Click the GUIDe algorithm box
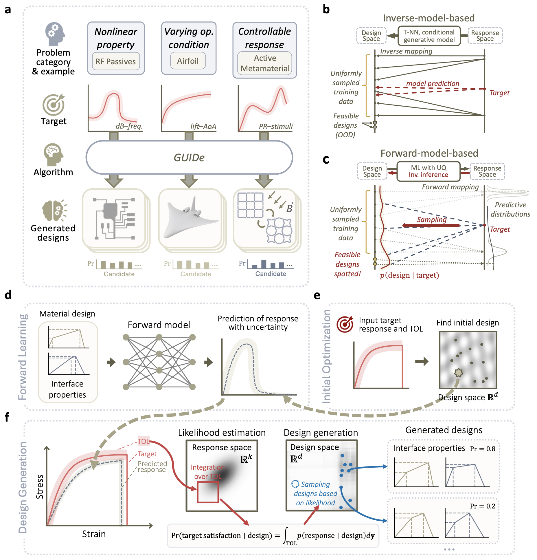pyautogui.click(x=189, y=158)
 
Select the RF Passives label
pyautogui.click(x=115, y=61)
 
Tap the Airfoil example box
pyautogui.click(x=188, y=61)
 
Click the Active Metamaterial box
pyautogui.click(x=265, y=63)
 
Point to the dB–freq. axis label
pyautogui.click(x=129, y=126)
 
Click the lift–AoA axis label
pyautogui.click(x=203, y=126)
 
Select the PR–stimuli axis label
pyautogui.click(x=275, y=126)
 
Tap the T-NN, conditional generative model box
pyautogui.click(x=429, y=36)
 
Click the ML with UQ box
pyautogui.click(x=428, y=171)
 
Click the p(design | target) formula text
pyautogui.click(x=409, y=275)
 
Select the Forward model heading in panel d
pyautogui.click(x=159, y=325)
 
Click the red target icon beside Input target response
pyautogui.click(x=345, y=324)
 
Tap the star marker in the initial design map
pyautogui.click(x=458, y=372)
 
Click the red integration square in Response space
pyautogui.click(x=208, y=492)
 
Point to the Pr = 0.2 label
pyautogui.click(x=482, y=506)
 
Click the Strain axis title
pyautogui.click(x=94, y=534)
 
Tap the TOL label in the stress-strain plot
pyautogui.click(x=143, y=441)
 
